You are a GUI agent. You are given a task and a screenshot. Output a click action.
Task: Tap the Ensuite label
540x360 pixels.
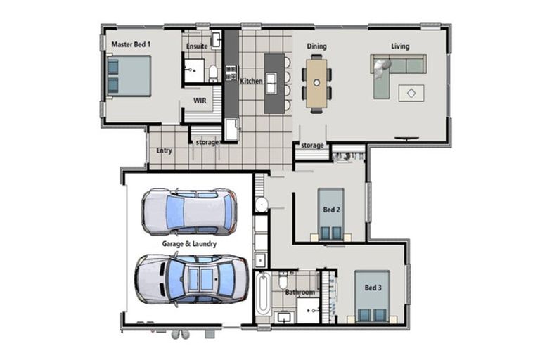point(196,46)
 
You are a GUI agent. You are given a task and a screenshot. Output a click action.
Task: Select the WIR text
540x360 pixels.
point(200,101)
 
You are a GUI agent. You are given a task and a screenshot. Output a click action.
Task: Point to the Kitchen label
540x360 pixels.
point(251,81)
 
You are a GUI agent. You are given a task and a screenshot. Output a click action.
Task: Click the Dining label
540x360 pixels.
point(316,46)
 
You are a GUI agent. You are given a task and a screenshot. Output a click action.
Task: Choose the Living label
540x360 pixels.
point(400,46)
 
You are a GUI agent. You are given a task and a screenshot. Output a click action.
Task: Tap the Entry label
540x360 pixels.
point(164,150)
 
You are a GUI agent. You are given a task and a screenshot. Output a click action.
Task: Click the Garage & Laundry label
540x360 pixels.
point(189,244)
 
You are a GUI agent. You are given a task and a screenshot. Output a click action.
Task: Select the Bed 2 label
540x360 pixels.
point(331,210)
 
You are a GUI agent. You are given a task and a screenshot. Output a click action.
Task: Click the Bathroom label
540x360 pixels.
point(300,292)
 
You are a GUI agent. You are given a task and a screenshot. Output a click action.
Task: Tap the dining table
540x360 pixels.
point(317,83)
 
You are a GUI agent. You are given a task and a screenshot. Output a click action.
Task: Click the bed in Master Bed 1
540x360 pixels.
point(129,76)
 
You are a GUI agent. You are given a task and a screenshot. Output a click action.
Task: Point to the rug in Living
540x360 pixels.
point(411,92)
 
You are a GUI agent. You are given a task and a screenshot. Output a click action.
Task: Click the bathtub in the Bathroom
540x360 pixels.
point(263,295)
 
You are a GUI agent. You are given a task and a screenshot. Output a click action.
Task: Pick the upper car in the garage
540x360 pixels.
point(188,211)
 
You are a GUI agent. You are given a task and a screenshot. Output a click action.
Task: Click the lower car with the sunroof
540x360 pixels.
point(191,278)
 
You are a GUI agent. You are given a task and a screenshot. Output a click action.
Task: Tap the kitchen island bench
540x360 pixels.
point(274,83)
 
